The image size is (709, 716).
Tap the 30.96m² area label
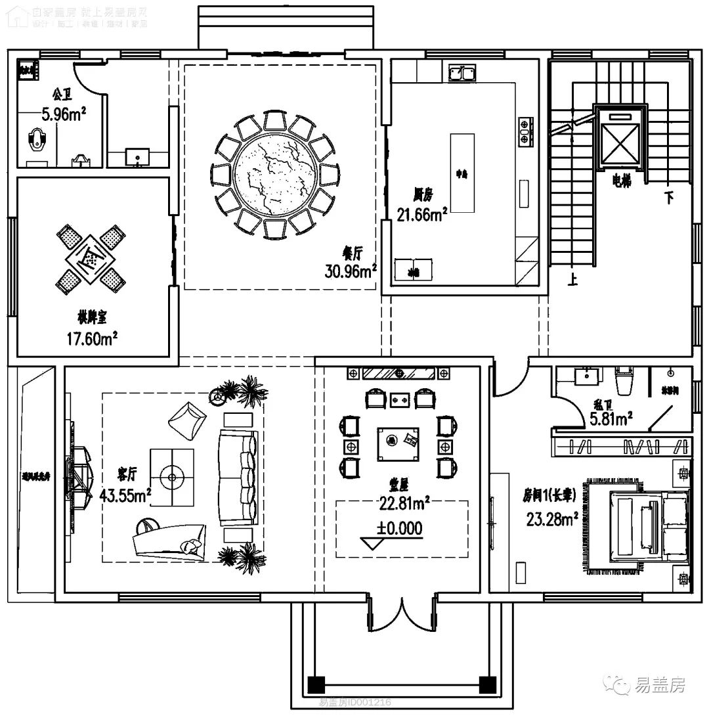pos(351,271)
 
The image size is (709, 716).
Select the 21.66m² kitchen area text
pos(422,213)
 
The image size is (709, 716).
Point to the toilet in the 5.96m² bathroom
pos(39,140)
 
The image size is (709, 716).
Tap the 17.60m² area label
pos(93,338)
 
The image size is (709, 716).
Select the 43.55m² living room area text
pos(125,495)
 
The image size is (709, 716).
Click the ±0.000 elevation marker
pos(400,527)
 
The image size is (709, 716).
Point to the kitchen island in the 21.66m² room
pos(462,174)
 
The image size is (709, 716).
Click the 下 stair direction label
pos(668,198)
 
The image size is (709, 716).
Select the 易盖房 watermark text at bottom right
pos(659,686)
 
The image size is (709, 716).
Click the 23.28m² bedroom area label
pos(551,520)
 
